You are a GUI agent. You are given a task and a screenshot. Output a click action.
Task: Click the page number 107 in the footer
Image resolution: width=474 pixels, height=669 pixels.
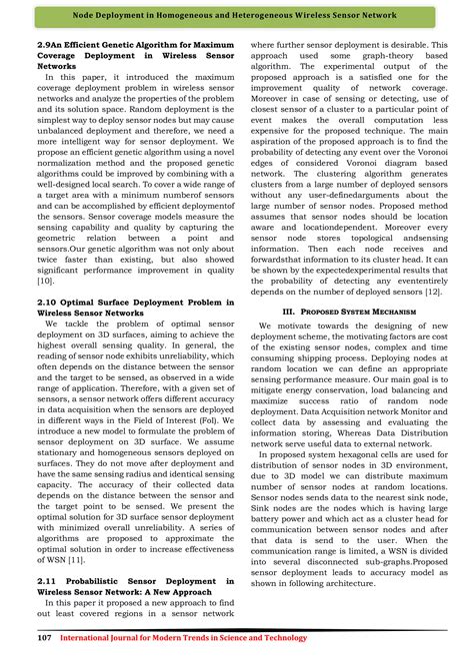point(44,637)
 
